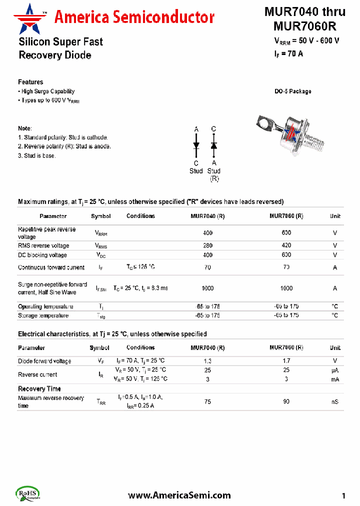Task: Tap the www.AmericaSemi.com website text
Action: pos(179,495)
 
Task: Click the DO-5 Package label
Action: pos(292,91)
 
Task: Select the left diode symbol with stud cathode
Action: pos(196,145)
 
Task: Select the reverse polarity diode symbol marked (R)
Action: pos(214,145)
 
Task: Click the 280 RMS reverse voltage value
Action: pos(207,245)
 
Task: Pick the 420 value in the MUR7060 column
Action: pos(286,245)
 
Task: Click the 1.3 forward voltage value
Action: pos(207,361)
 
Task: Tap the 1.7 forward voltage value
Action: pos(286,361)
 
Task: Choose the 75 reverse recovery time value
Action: pos(207,401)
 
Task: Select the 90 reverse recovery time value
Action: pos(286,401)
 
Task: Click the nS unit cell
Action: pos(334,401)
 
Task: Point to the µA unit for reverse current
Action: pos(334,370)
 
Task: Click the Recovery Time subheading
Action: pos(39,388)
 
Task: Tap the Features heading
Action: pos(30,82)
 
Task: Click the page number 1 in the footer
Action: pos(344,495)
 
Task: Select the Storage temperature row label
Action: pos(43,315)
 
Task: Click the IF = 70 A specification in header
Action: pos(288,54)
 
